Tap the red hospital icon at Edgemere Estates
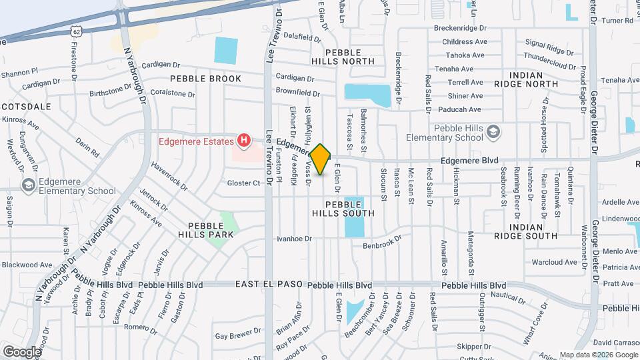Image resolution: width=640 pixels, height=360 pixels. [244, 141]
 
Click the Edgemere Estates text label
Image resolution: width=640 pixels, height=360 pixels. [196, 141]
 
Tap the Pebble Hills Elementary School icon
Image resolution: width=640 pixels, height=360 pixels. [493, 130]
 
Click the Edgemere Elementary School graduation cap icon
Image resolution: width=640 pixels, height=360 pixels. [29, 184]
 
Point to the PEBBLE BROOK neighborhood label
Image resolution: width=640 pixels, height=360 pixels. [205, 79]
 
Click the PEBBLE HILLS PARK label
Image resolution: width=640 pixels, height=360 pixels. [205, 230]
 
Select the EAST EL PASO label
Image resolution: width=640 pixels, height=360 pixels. [268, 285]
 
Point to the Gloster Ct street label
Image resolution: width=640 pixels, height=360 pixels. [243, 183]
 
